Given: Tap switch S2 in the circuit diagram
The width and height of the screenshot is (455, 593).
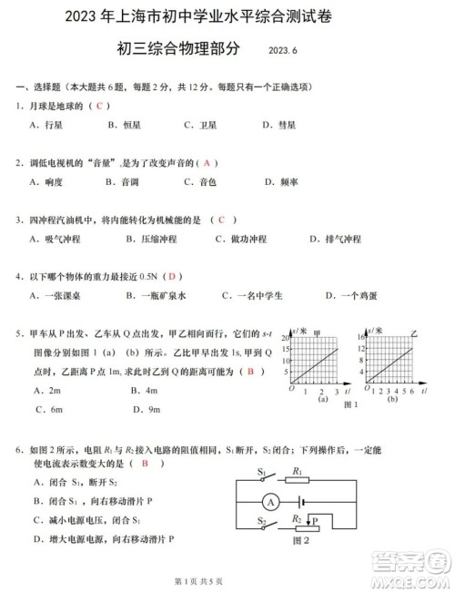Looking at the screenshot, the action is (x=265, y=527).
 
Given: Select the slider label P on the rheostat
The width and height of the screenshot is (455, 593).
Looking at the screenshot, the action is (x=316, y=521).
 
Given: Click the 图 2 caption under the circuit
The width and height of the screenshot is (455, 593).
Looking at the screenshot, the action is (x=296, y=541).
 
